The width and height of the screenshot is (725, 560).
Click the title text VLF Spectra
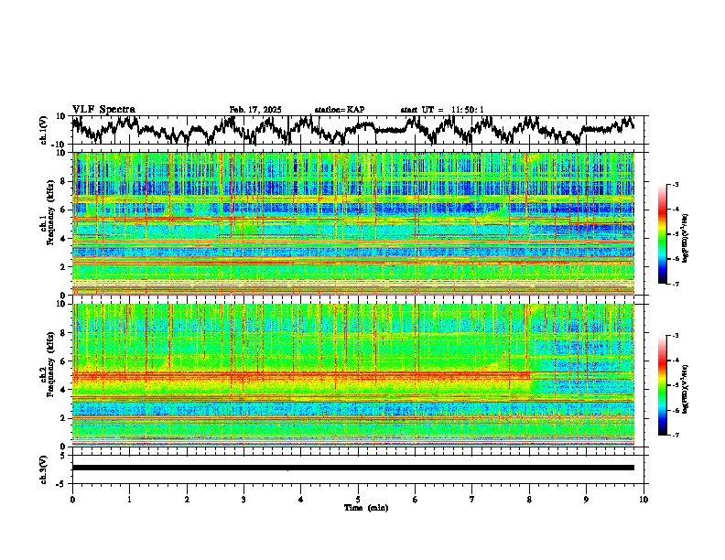coord(103,110)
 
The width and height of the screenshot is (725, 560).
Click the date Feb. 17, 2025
coord(255,110)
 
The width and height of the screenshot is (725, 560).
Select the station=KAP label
coord(340,110)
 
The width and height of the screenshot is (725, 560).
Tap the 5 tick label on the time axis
coord(358,499)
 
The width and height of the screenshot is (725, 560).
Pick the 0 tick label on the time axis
coord(72,499)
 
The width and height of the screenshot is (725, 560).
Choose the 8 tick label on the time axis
coord(529,499)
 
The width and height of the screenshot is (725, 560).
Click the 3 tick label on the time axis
coord(243,499)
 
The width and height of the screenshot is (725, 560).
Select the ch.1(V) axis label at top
coord(45,131)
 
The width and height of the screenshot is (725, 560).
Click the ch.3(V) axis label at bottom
coord(45,468)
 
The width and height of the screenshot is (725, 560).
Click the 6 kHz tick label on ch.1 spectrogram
coord(63,210)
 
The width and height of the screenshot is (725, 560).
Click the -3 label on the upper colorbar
coord(675,185)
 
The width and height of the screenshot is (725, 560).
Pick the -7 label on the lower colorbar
coord(675,436)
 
